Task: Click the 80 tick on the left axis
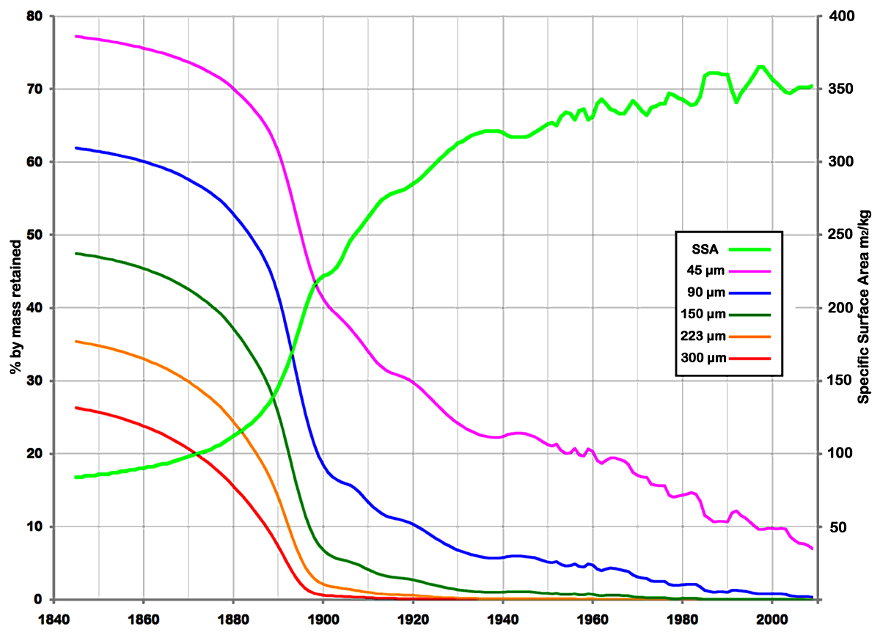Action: pyautogui.click(x=34, y=16)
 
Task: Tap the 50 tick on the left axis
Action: pyautogui.click(x=34, y=235)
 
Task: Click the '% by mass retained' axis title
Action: pyautogui.click(x=15, y=308)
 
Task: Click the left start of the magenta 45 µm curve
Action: pyautogui.click(x=76, y=36)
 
